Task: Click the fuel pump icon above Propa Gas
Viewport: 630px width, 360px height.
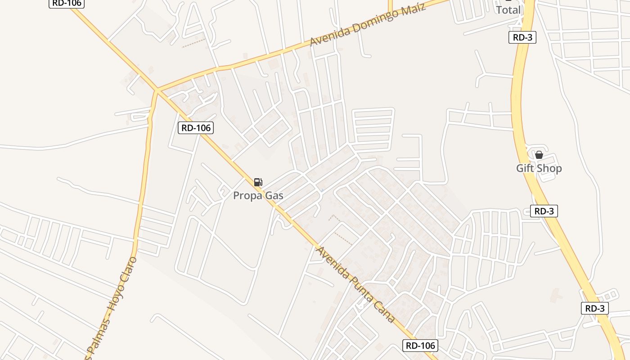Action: (x=258, y=182)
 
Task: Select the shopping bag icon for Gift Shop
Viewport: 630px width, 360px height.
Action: (x=539, y=155)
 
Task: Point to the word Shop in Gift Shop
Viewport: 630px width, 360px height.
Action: (x=550, y=168)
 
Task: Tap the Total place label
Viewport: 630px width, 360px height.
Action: (x=508, y=9)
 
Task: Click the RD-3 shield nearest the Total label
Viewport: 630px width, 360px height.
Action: (x=522, y=37)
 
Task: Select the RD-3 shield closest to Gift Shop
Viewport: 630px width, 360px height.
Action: (x=544, y=211)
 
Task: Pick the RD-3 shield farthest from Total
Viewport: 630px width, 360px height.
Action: (x=595, y=308)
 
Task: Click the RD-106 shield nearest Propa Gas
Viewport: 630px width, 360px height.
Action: (x=196, y=128)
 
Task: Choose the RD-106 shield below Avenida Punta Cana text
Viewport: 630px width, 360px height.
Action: (x=420, y=346)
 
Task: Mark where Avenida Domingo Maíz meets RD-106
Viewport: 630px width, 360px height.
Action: (x=157, y=90)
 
